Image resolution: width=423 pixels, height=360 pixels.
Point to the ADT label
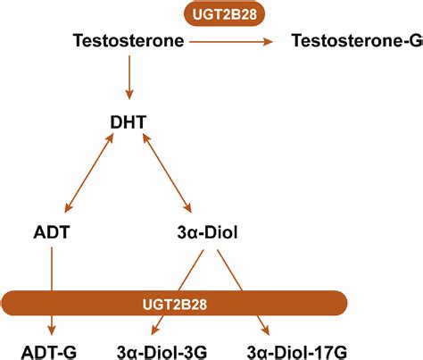pyautogui.click(x=54, y=233)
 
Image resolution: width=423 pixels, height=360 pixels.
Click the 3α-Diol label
pyautogui.click(x=207, y=233)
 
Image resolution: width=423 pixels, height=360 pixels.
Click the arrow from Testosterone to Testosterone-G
pyautogui.click(x=236, y=40)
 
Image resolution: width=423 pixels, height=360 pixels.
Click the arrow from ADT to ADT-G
pyautogui.click(x=54, y=286)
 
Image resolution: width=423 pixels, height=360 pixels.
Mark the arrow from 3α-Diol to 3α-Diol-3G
pyautogui.click(x=188, y=284)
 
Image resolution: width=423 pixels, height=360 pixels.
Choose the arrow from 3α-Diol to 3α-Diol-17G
pyautogui.click(x=245, y=284)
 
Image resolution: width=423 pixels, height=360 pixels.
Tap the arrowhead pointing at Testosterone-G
pyautogui.click(x=269, y=40)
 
